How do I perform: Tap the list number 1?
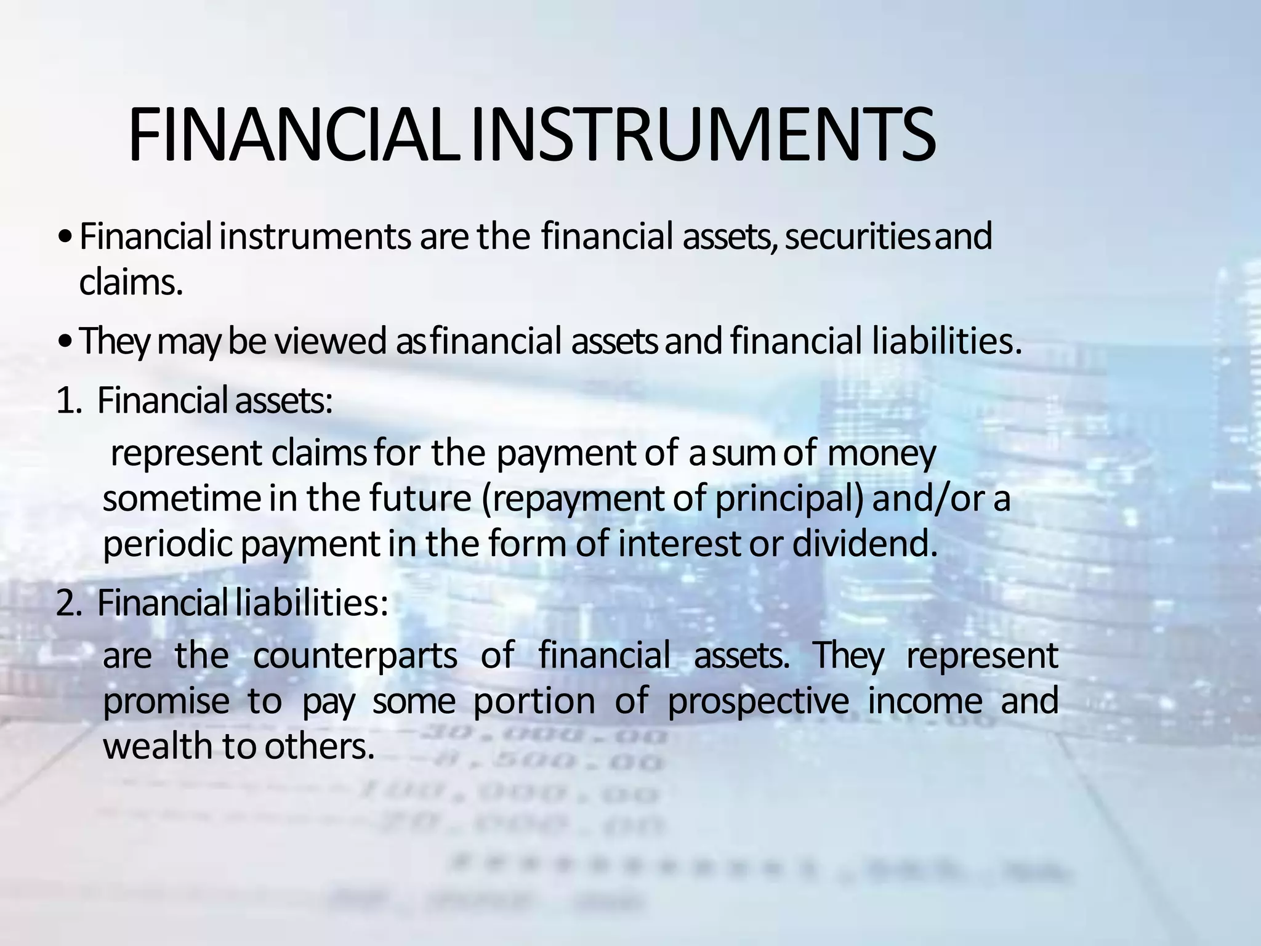coord(68,401)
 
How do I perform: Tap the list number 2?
coord(68,603)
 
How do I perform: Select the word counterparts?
coord(355,656)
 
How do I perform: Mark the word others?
coord(320,746)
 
